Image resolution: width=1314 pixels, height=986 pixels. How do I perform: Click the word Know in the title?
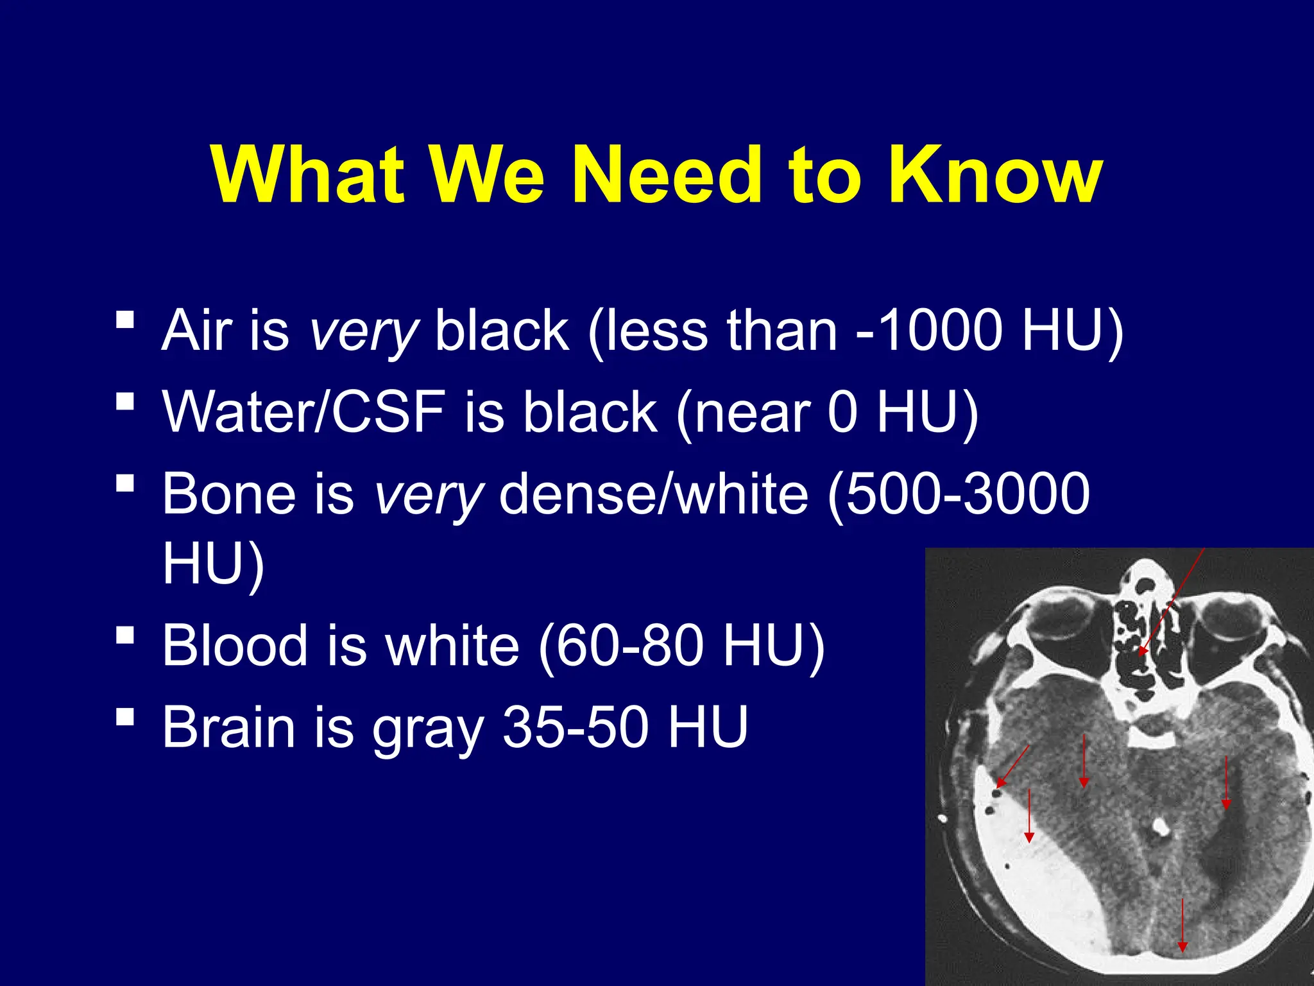click(x=994, y=175)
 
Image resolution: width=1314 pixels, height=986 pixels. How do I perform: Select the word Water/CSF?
click(x=303, y=411)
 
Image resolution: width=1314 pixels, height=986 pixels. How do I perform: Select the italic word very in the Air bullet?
click(x=363, y=331)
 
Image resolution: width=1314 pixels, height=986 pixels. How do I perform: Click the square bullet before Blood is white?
click(x=126, y=635)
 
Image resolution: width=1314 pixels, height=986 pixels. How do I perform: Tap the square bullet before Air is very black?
click(x=126, y=319)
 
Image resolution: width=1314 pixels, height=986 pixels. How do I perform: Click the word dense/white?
click(x=653, y=493)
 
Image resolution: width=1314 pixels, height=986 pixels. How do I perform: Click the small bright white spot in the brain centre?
click(x=1159, y=826)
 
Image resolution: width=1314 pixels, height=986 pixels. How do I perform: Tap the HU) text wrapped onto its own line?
click(x=213, y=563)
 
